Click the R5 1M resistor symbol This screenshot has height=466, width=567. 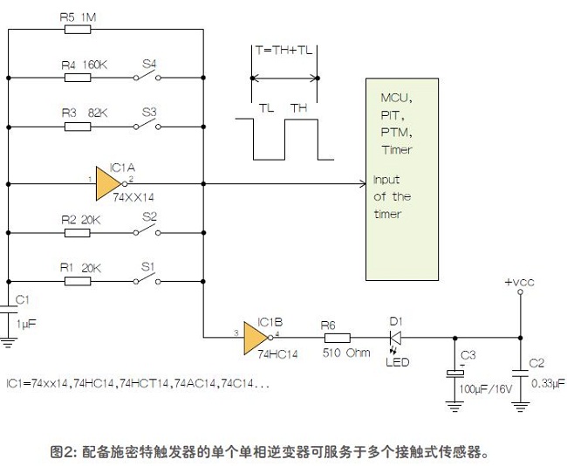pyautogui.click(x=78, y=30)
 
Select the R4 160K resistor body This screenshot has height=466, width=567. pyautogui.click(x=78, y=78)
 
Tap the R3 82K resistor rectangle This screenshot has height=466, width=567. pyautogui.click(x=78, y=127)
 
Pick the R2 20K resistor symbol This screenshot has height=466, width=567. pyautogui.click(x=78, y=233)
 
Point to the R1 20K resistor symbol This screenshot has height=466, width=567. pyautogui.click(x=78, y=281)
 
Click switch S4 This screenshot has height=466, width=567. pyautogui.click(x=147, y=76)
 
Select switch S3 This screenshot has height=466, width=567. pyautogui.click(x=147, y=125)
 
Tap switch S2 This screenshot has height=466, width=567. pyautogui.click(x=147, y=231)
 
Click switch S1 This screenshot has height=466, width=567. pyautogui.click(x=147, y=279)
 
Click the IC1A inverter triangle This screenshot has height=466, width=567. pyautogui.click(x=109, y=184)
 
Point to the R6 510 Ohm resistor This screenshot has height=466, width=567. pyautogui.click(x=338, y=338)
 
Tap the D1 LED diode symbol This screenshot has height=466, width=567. pyautogui.click(x=396, y=338)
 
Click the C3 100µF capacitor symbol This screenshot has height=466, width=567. pyautogui.click(x=454, y=373)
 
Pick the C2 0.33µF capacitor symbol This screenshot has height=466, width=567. pyautogui.click(x=521, y=373)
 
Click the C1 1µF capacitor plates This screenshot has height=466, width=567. pyautogui.click(x=9, y=309)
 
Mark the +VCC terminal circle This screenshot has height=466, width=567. pyautogui.click(x=521, y=291)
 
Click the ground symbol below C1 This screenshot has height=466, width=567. pyautogui.click(x=8, y=342)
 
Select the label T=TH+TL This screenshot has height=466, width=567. pyautogui.click(x=283, y=50)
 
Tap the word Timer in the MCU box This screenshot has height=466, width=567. pyautogui.click(x=396, y=149)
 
